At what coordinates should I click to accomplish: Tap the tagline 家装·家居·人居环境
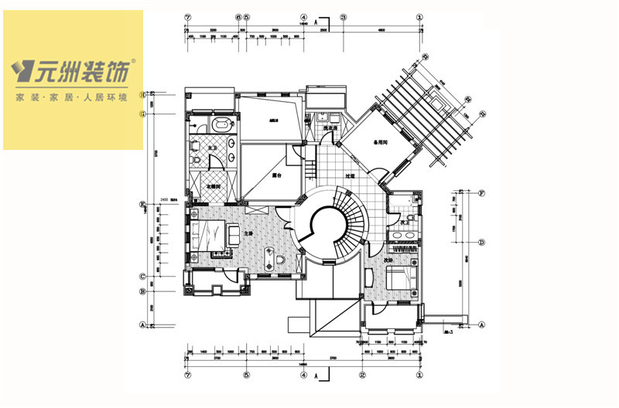pos(73,99)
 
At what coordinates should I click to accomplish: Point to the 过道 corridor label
pos(350,176)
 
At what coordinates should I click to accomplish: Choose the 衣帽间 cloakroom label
pos(214,187)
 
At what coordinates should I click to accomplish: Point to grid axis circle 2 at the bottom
pos(362,376)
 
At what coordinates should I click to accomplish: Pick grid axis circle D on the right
pos(482,243)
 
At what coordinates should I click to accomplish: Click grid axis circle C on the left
pos(142,276)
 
